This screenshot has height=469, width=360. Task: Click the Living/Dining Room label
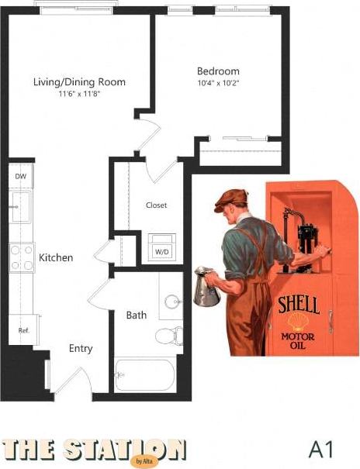79,81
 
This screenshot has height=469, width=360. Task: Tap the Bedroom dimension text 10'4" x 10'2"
217,84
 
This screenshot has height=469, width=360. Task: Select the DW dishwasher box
20,176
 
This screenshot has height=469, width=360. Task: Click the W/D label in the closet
161,251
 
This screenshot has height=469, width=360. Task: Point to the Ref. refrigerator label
24,330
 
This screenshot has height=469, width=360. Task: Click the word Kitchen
56,257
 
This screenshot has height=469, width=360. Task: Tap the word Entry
81,349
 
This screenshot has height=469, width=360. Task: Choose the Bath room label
137,316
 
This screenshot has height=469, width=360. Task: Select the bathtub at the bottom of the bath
146,375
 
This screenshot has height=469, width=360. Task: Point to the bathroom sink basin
171,302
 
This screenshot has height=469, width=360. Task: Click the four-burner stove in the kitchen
21,257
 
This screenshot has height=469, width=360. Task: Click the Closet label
156,205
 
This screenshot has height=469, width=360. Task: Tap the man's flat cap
230,199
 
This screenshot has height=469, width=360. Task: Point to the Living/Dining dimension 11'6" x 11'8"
79,94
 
